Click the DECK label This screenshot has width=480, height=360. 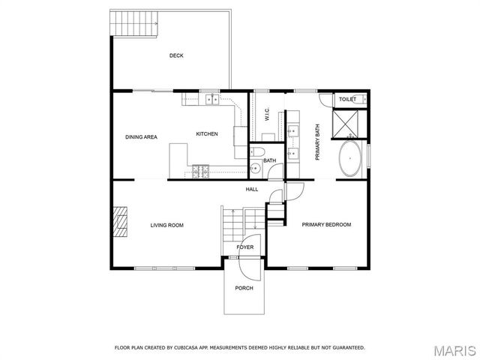(176, 55)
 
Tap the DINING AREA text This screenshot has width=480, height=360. (140, 137)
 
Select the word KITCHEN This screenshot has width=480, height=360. (207, 133)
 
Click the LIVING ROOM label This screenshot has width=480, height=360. (166, 225)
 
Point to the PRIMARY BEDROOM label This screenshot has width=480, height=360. (326, 225)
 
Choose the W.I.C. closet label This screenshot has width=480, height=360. (267, 114)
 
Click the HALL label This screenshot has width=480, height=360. (252, 189)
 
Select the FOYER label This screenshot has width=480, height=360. (245, 247)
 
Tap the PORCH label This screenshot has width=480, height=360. (244, 288)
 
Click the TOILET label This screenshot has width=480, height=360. (347, 99)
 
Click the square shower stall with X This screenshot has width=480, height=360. (348, 123)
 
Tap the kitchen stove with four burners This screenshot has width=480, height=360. (200, 172)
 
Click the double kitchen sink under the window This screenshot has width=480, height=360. (210, 98)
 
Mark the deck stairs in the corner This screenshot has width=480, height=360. (134, 25)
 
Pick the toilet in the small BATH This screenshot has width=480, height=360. (256, 168)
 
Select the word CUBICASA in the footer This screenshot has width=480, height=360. (184, 347)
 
